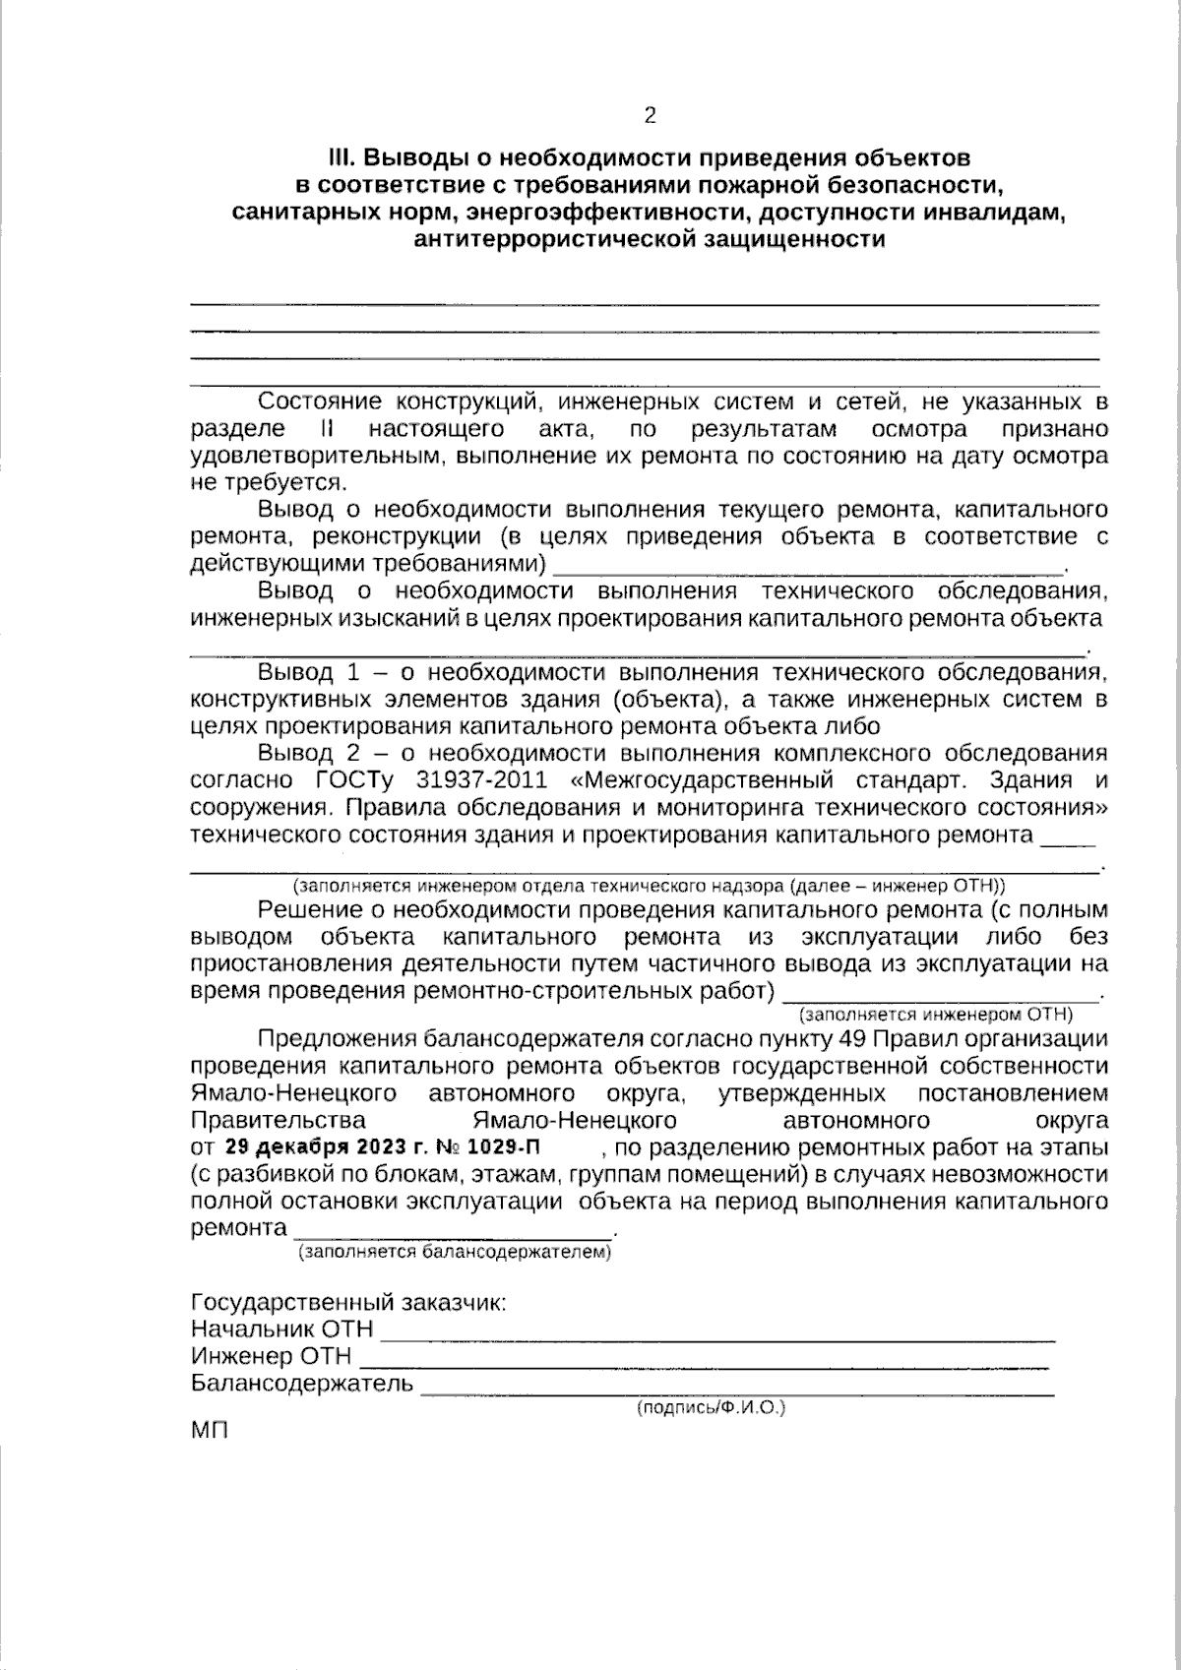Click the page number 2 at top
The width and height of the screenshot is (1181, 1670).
(649, 116)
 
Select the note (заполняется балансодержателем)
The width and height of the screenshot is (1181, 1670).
(455, 1253)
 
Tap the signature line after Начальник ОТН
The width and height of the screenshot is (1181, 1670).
(717, 1336)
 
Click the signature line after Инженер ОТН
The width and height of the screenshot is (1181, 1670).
(704, 1364)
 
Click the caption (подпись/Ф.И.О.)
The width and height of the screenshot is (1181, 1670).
(712, 1408)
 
